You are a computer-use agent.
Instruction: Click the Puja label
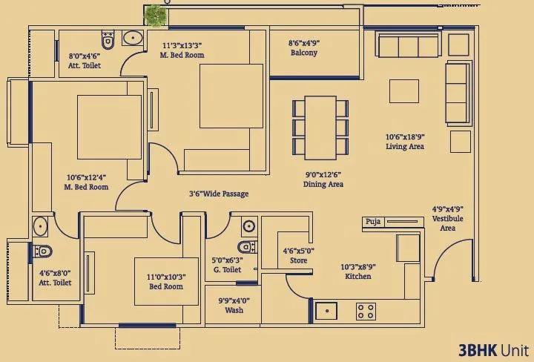click(372, 222)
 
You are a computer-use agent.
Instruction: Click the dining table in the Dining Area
click(320, 126)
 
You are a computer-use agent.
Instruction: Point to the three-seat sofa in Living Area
click(409, 47)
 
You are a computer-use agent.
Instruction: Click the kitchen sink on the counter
click(326, 311)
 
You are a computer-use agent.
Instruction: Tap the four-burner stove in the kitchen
click(366, 311)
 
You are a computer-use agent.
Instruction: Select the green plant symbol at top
click(155, 15)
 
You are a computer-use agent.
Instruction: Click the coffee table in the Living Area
click(404, 90)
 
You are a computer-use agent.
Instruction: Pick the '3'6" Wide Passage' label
click(218, 194)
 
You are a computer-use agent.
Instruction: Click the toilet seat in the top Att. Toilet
click(108, 41)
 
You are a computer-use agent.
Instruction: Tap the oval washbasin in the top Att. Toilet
click(133, 39)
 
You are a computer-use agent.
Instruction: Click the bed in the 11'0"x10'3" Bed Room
click(166, 281)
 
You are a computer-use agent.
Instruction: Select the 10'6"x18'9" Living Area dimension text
click(404, 142)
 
